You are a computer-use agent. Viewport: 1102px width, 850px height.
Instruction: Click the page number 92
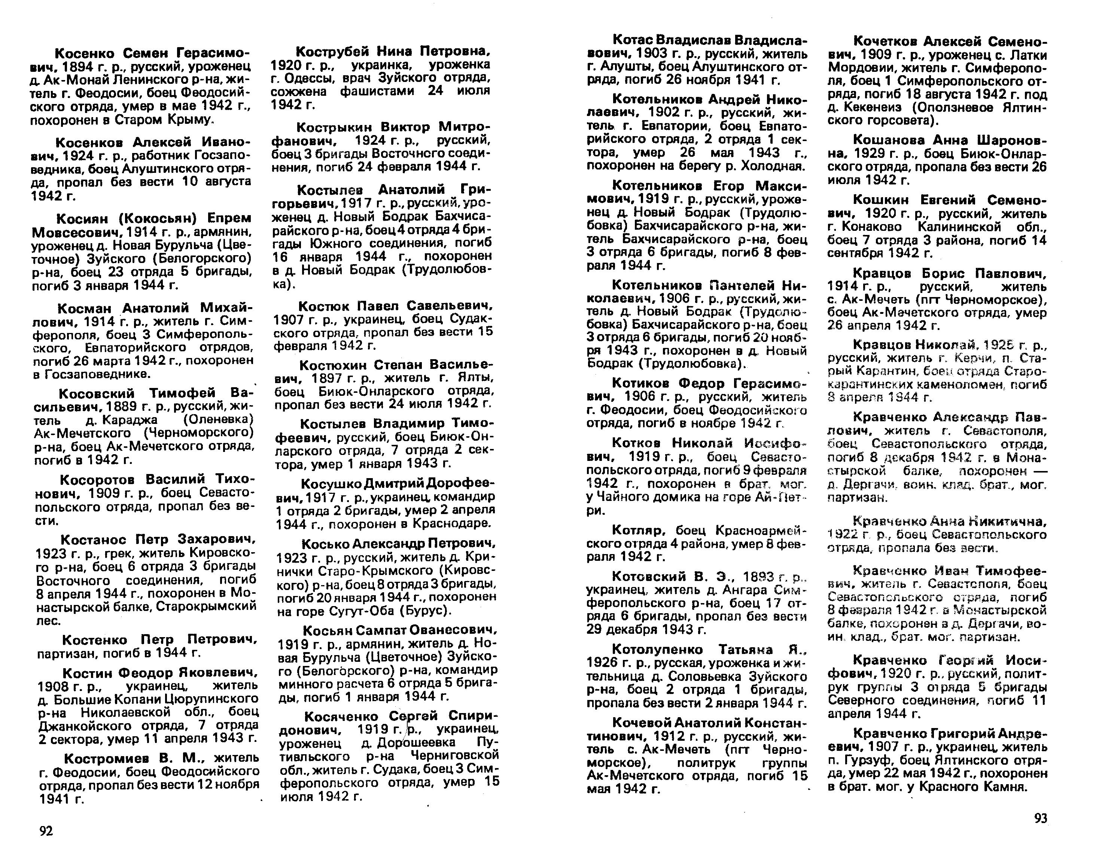46,830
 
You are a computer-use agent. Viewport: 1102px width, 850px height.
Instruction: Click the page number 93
1041,818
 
